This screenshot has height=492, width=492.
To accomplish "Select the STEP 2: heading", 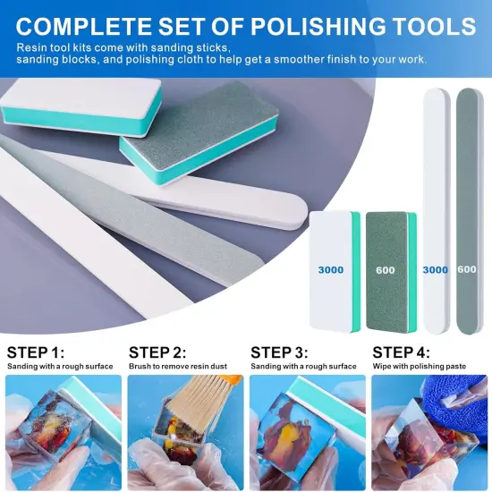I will pyautogui.click(x=158, y=352).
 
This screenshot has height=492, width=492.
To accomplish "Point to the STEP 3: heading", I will pyautogui.click(x=280, y=352).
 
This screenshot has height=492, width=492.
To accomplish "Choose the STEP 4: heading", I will pyautogui.click(x=403, y=352).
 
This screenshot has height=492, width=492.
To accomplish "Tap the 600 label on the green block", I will pyautogui.click(x=386, y=269).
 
